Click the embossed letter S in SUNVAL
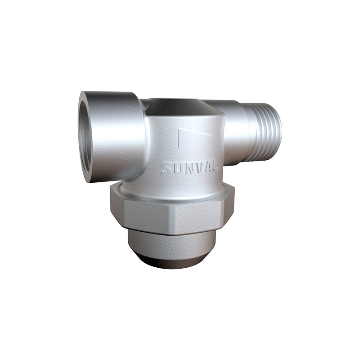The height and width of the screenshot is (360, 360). [167, 169]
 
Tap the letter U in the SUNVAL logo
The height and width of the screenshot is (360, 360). [177, 168]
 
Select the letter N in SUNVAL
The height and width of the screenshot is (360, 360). [188, 168]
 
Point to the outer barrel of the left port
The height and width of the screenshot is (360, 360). [117, 135]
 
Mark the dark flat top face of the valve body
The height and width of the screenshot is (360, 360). [180, 106]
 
